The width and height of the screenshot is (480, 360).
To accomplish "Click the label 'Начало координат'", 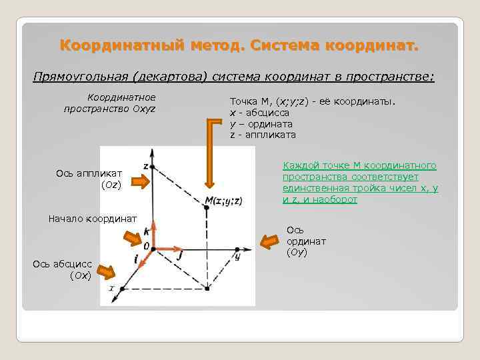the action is coord(93,218).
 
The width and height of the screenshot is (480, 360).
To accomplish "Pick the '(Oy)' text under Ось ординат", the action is coord(297,253).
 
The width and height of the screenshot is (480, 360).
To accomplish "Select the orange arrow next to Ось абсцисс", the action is coord(107,271).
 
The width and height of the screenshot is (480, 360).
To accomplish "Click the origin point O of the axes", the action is coord(153,249).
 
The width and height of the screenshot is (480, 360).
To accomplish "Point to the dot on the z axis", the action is coord(153,166).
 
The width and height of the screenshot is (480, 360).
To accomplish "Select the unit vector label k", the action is coord(146,231).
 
